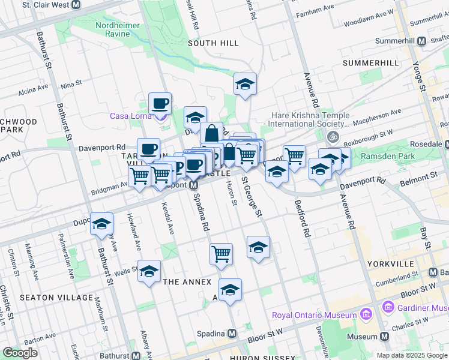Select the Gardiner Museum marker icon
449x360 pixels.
[x=387, y=308]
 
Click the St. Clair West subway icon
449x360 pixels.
[x=76, y=5]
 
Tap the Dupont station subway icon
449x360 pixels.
[x=194, y=185]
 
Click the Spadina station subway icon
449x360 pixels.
[x=232, y=333]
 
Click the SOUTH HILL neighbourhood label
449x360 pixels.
[x=213, y=43]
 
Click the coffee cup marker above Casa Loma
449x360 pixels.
[x=160, y=103]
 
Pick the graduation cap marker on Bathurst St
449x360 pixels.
[x=101, y=224]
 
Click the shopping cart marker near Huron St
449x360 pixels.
[x=221, y=253]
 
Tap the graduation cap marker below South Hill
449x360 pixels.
[x=245, y=84]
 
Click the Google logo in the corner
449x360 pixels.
[x=20, y=353]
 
